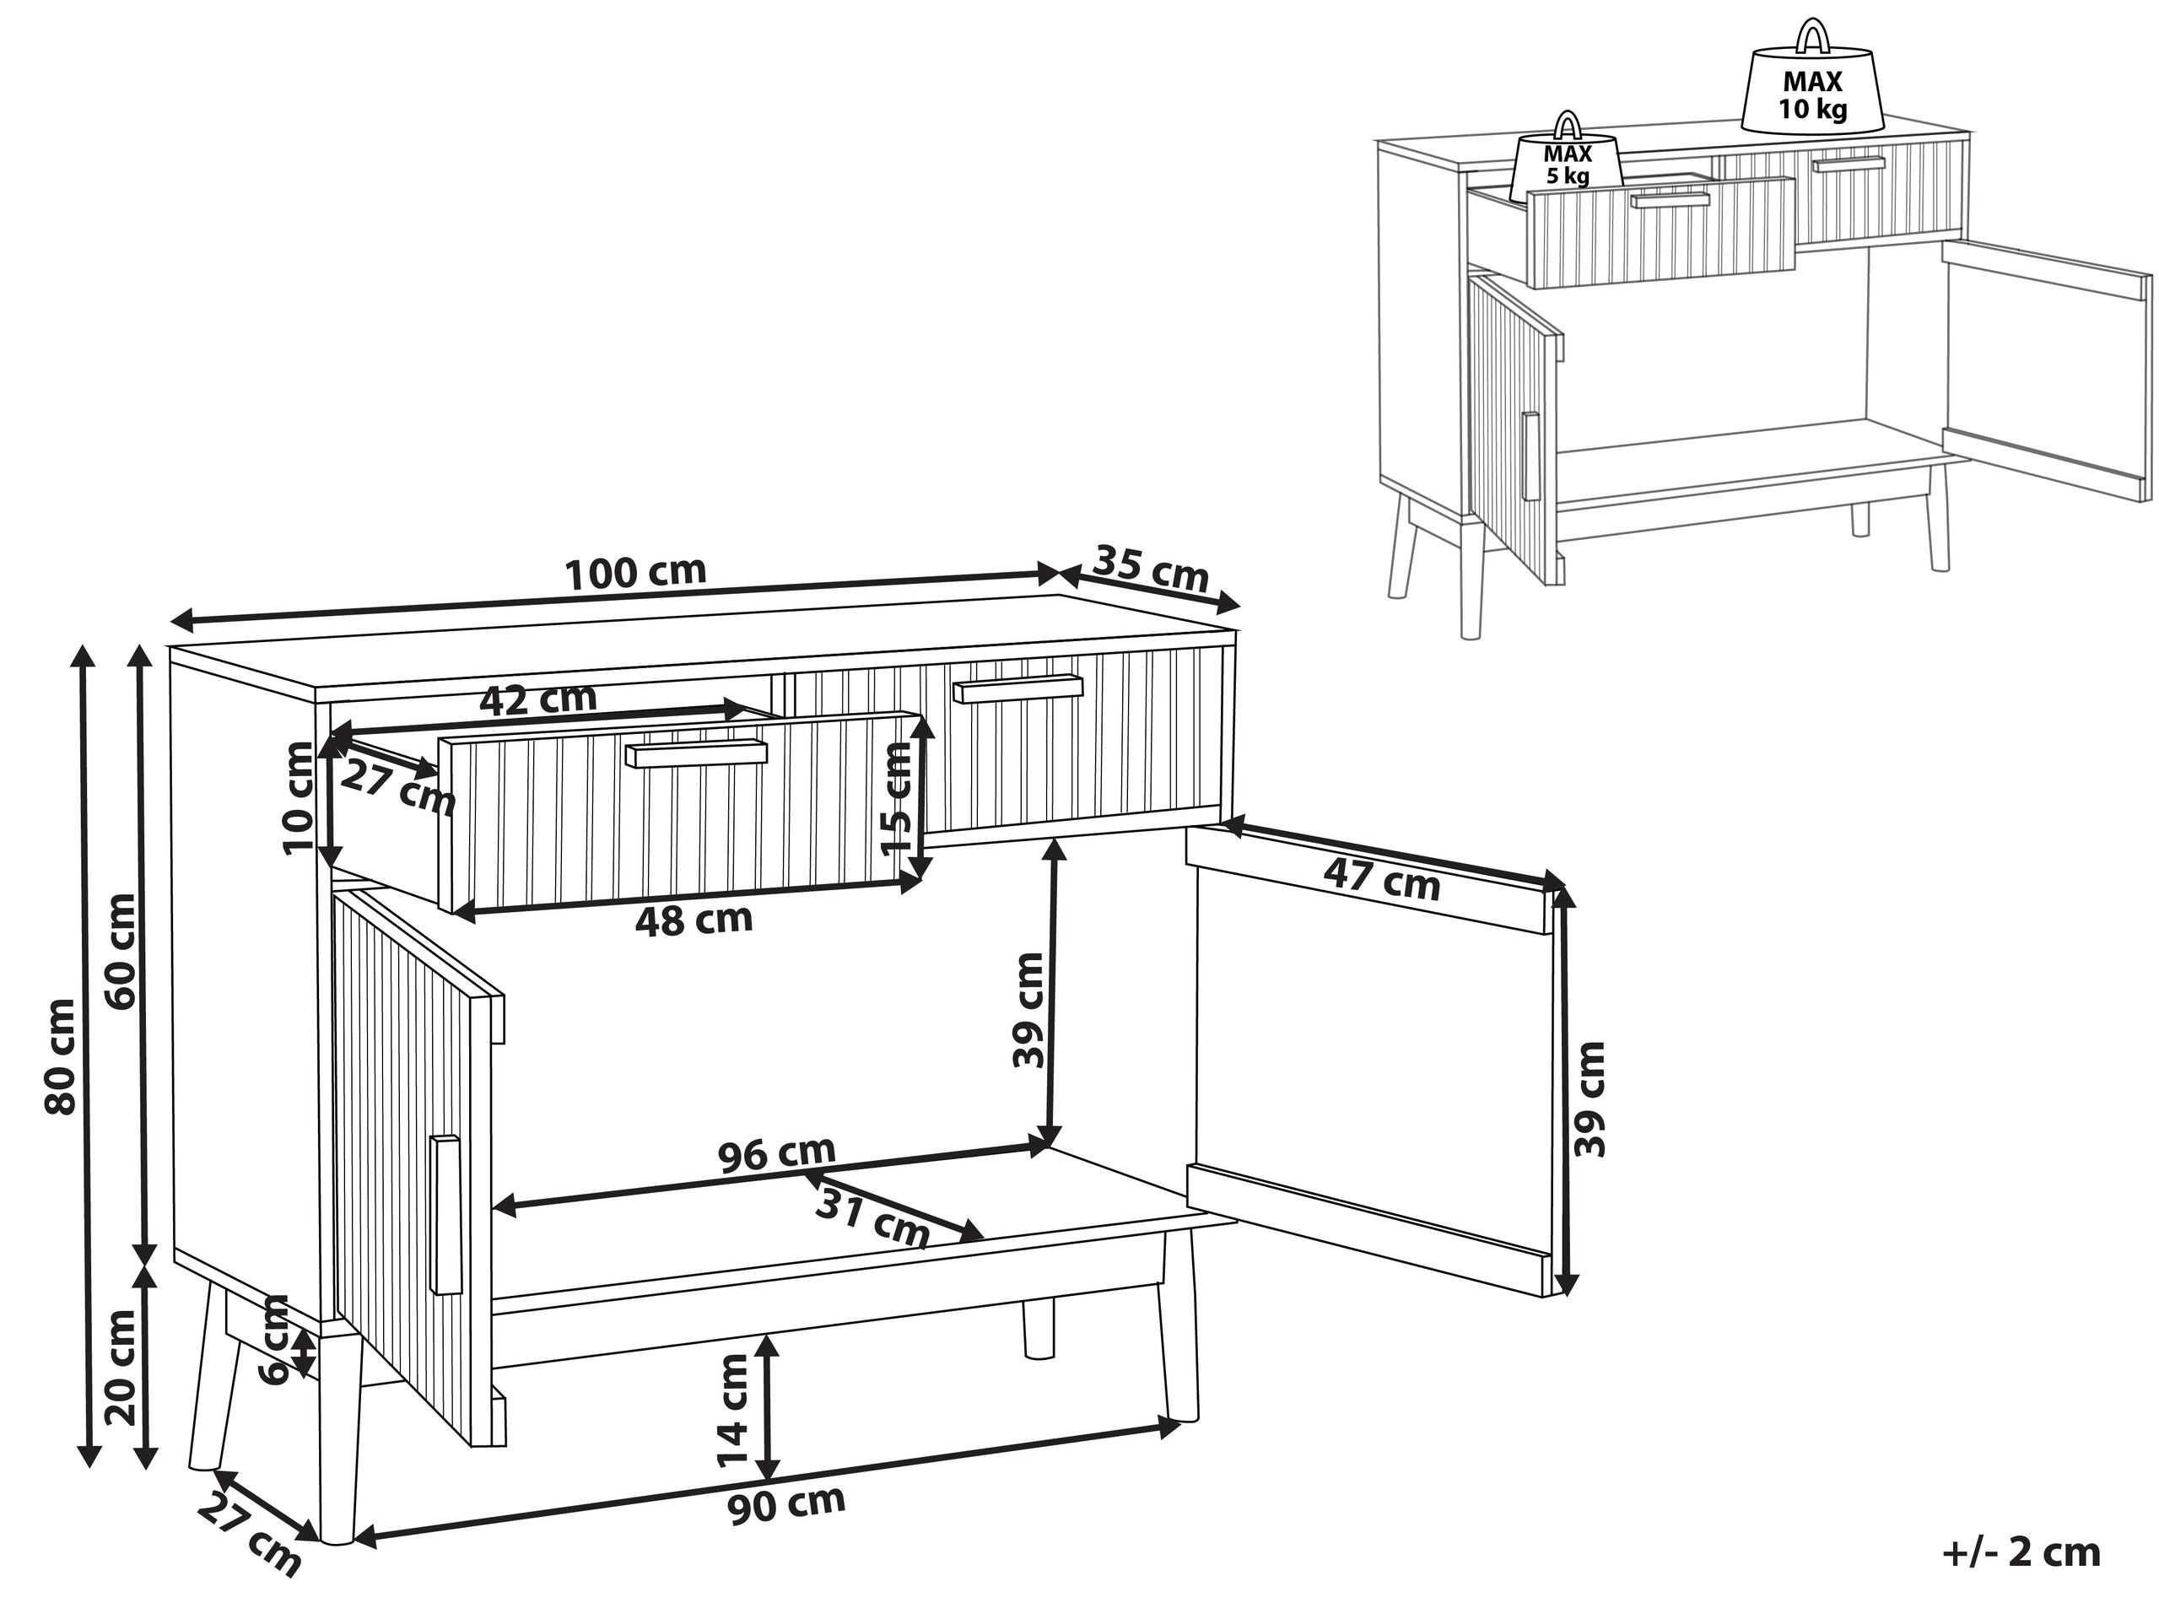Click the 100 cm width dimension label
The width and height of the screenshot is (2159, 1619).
click(x=635, y=572)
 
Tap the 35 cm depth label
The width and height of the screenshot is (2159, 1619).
click(x=1151, y=568)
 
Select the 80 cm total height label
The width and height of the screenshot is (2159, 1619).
click(x=61, y=1056)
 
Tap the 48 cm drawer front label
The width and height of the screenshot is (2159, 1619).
click(x=694, y=920)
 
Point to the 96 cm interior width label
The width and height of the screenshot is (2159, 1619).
click(x=777, y=1153)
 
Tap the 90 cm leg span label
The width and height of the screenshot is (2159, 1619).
click(x=786, y=1504)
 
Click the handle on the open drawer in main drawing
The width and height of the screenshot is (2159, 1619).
click(x=697, y=753)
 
